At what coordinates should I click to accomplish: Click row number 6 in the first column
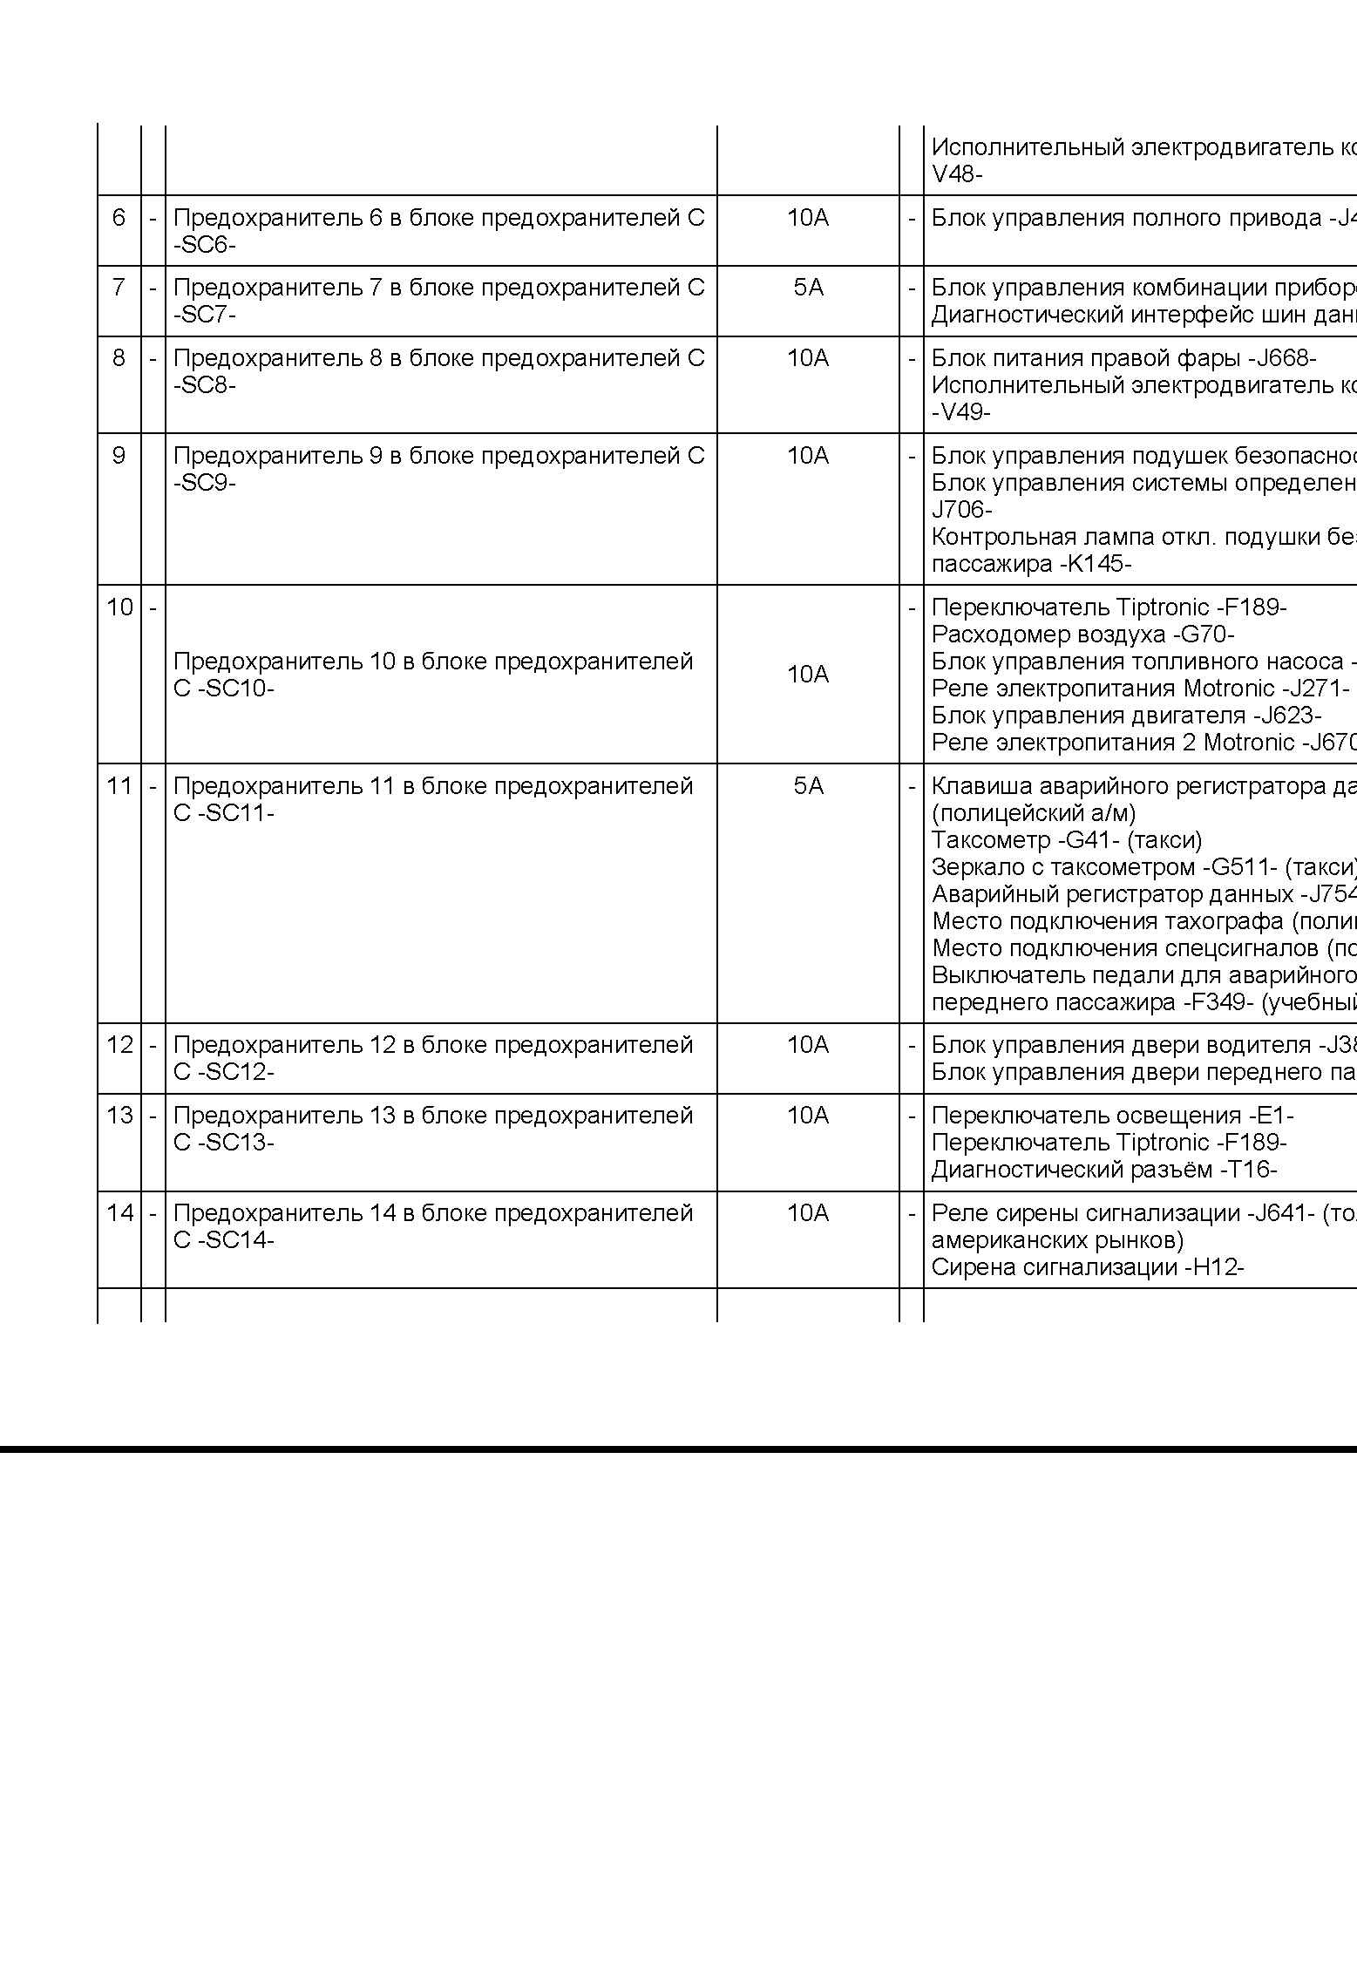119,218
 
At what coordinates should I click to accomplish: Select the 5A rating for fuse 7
808,288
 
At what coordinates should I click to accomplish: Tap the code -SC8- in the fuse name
204,385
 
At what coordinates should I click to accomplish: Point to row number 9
119,456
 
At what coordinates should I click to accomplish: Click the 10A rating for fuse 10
808,675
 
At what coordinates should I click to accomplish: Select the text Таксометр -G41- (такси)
1067,840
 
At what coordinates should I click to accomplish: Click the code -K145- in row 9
1096,564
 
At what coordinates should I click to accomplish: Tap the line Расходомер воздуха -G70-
1083,635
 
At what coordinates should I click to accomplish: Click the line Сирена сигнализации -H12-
1088,1267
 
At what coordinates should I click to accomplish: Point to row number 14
119,1213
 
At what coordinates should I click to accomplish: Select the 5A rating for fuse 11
808,786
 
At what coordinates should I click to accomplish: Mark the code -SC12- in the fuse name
235,1072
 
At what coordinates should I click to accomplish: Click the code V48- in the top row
957,174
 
